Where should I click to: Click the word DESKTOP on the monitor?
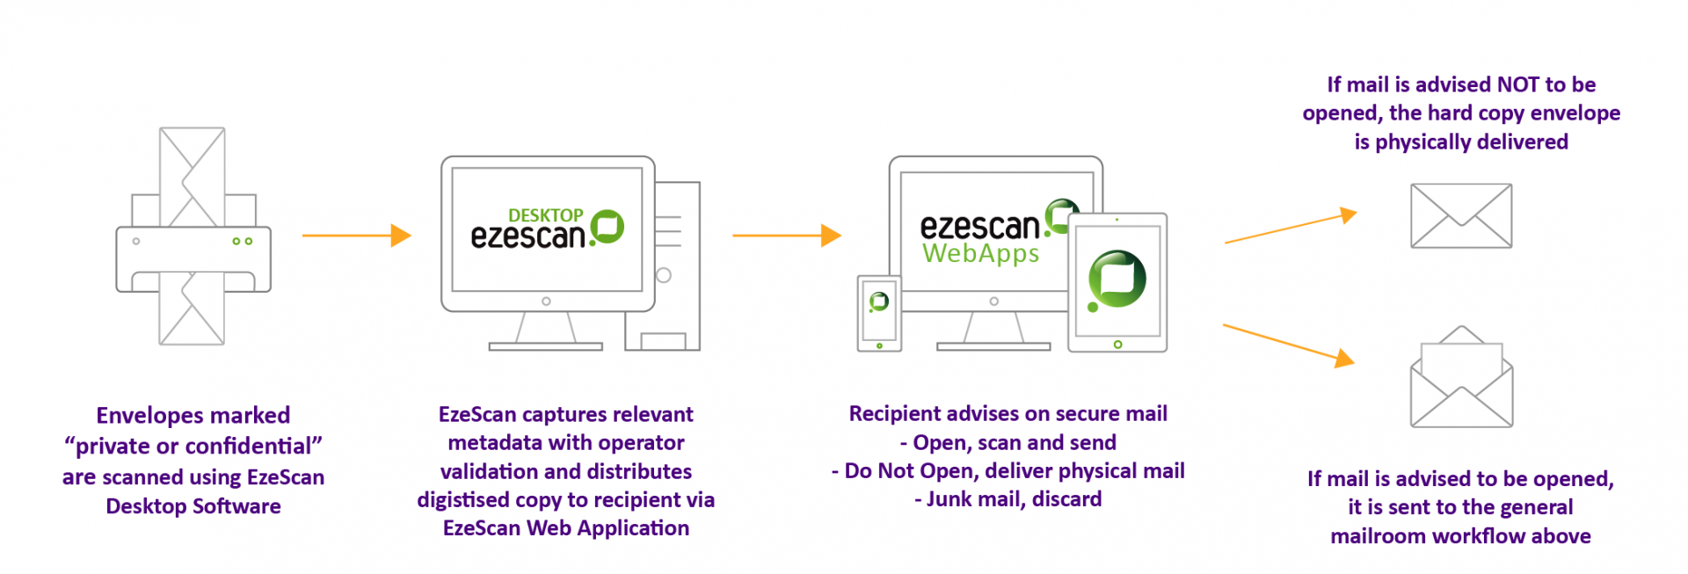[545, 215]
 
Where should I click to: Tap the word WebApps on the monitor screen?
[980, 254]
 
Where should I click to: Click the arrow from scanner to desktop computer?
[356, 236]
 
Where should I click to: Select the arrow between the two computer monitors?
[786, 236]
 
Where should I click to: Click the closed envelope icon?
[1460, 216]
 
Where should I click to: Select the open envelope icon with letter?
[1460, 379]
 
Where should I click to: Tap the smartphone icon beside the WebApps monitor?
[879, 313]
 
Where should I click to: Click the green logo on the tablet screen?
[1117, 280]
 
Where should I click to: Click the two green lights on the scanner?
[243, 241]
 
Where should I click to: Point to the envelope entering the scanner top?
[193, 176]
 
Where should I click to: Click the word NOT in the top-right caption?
[1517, 84]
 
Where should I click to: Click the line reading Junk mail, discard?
[1008, 499]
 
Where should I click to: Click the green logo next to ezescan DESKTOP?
[608, 227]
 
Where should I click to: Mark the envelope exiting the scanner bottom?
[192, 312]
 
